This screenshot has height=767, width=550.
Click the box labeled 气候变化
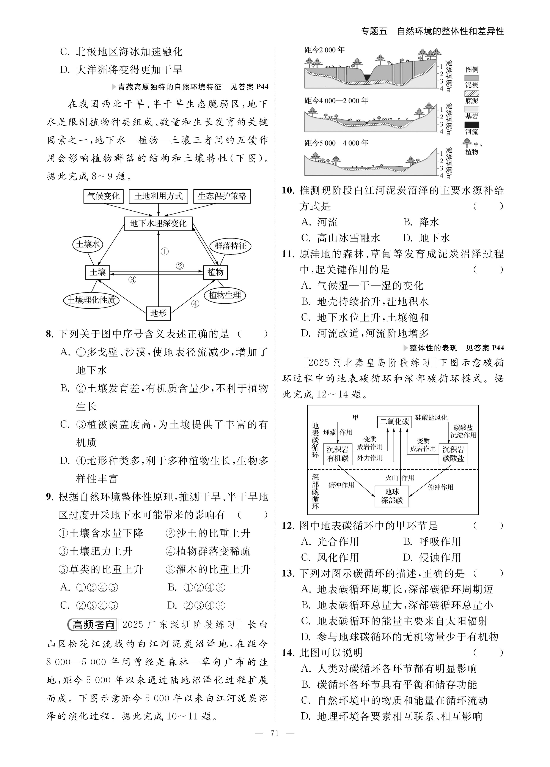pyautogui.click(x=104, y=196)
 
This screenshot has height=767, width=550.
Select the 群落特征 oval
pyautogui.click(x=230, y=246)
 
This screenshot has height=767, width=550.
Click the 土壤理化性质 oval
pyautogui.click(x=91, y=300)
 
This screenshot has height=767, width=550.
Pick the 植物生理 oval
pyautogui.click(x=225, y=295)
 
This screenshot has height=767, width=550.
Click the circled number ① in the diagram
pyautogui.click(x=165, y=252)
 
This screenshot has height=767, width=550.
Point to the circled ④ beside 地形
pyautogui.click(x=195, y=304)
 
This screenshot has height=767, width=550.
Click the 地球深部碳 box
pyautogui.click(x=392, y=496)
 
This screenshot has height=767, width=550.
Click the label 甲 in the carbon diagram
pyautogui.click(x=355, y=418)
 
